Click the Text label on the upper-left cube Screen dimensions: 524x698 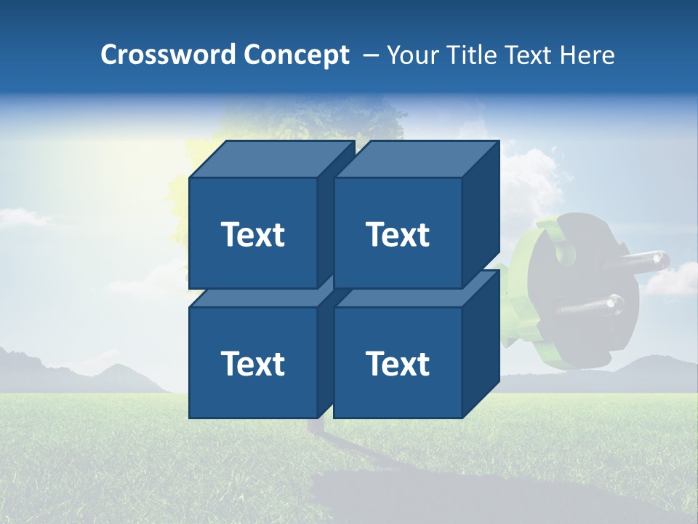tap(252, 234)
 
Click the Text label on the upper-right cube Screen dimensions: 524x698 tap(398, 234)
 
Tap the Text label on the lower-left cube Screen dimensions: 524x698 tap(252, 363)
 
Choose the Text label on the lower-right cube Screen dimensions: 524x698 tap(398, 363)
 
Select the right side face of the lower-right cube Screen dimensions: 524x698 tap(481, 342)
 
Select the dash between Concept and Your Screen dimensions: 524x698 tap(370, 55)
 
